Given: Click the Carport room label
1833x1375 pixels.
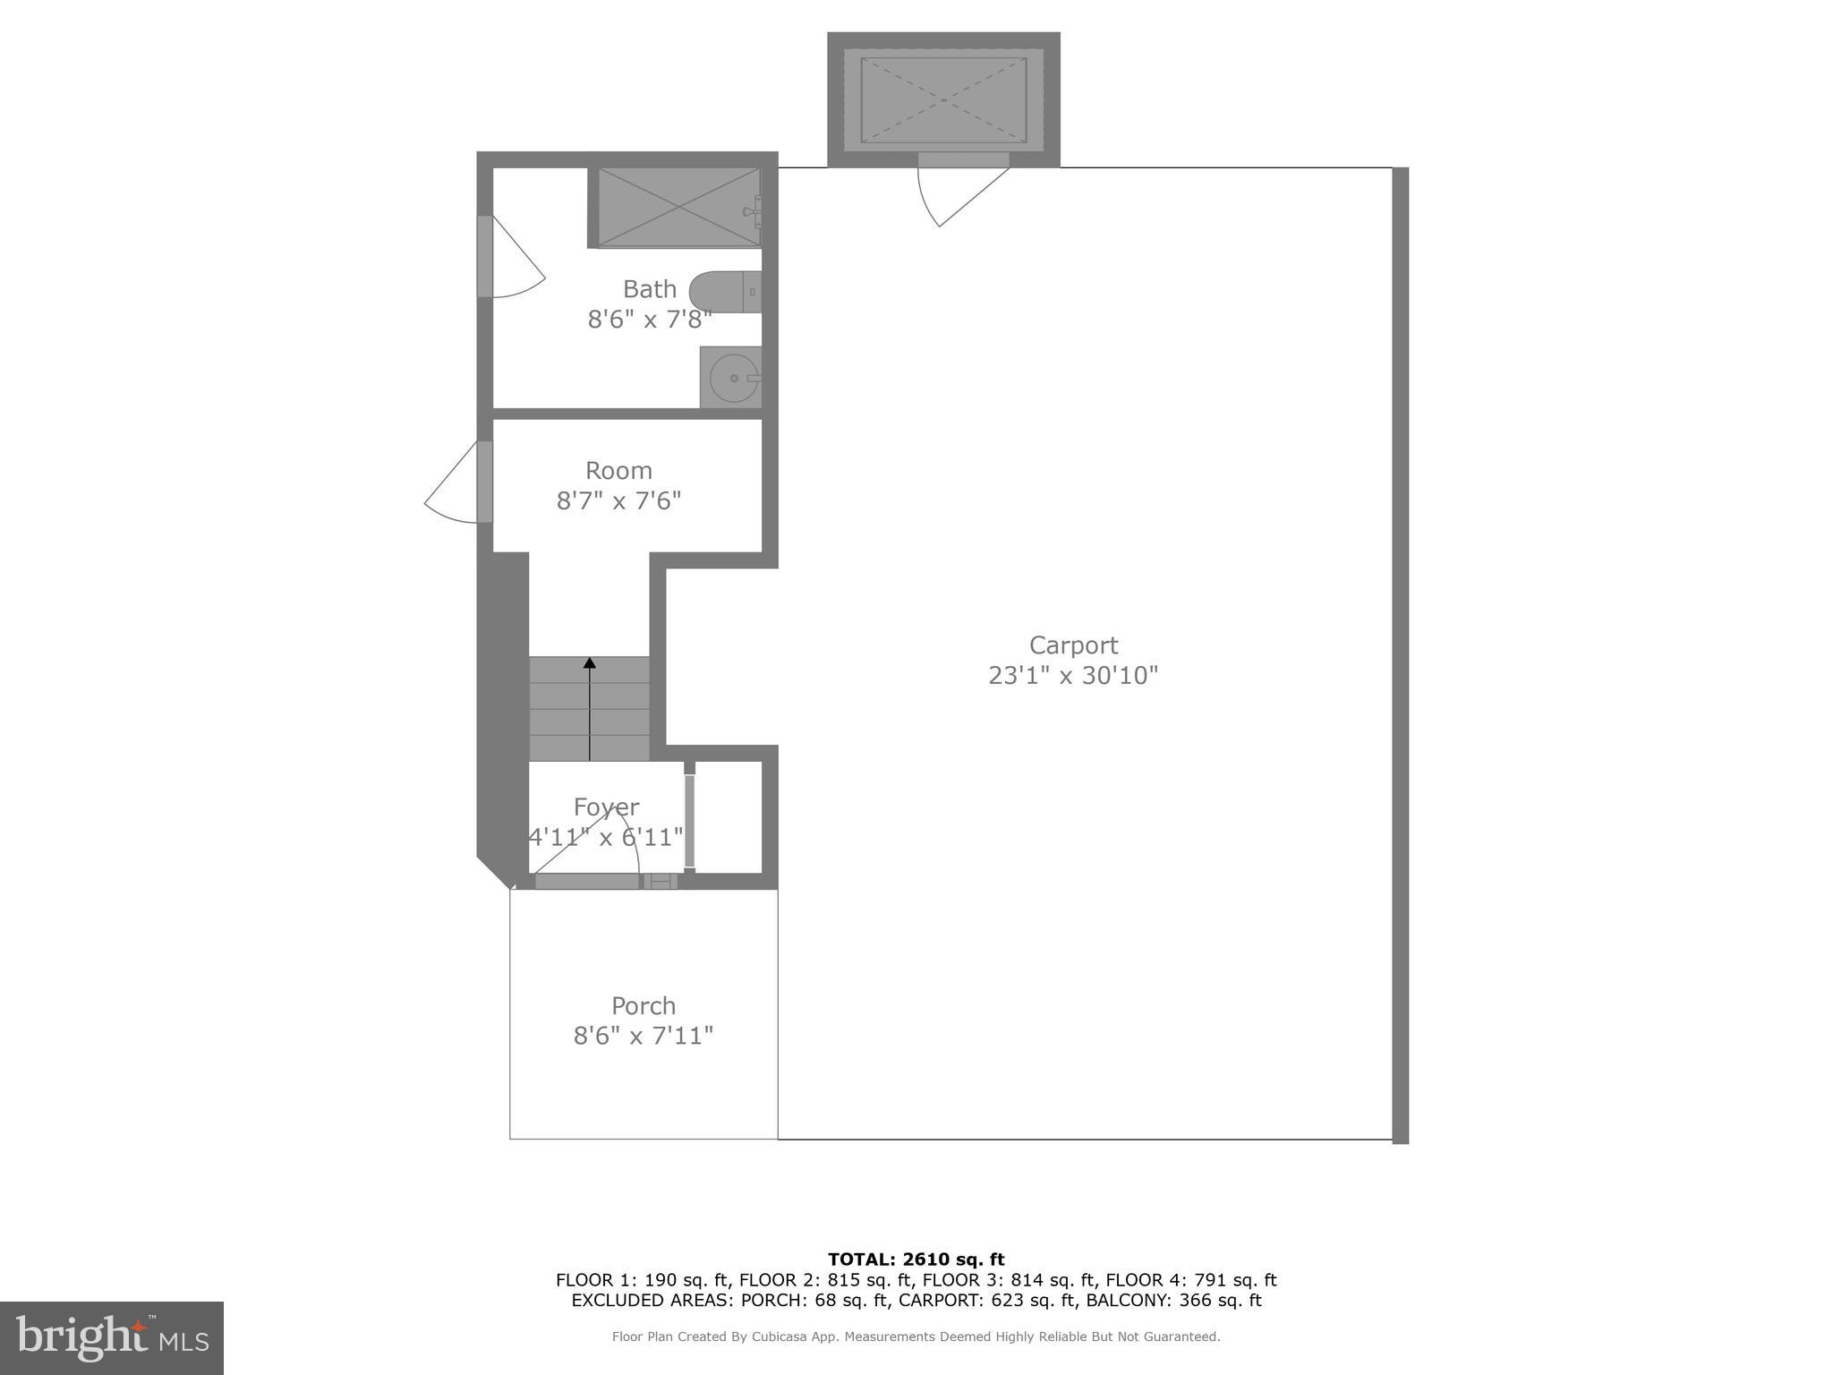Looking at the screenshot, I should [x=1073, y=645].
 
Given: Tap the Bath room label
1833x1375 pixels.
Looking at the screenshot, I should [x=650, y=289].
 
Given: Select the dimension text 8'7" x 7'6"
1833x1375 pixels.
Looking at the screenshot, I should [x=618, y=500].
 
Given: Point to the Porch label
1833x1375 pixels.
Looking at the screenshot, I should [x=643, y=1005].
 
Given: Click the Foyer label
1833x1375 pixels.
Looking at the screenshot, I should [x=606, y=807].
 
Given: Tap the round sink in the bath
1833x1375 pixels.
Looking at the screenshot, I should [x=732, y=378].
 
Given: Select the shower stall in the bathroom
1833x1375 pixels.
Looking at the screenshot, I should [x=678, y=208].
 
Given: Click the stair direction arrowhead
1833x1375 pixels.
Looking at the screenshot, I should [x=590, y=663].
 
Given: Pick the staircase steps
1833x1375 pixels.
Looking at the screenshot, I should [x=589, y=710].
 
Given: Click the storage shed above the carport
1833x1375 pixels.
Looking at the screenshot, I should [x=943, y=99].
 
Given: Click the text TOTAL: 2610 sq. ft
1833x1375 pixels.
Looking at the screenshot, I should [x=916, y=1260].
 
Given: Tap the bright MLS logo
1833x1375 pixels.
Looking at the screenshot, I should [x=111, y=1337].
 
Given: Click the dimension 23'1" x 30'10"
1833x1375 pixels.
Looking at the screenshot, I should [x=1073, y=675].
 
